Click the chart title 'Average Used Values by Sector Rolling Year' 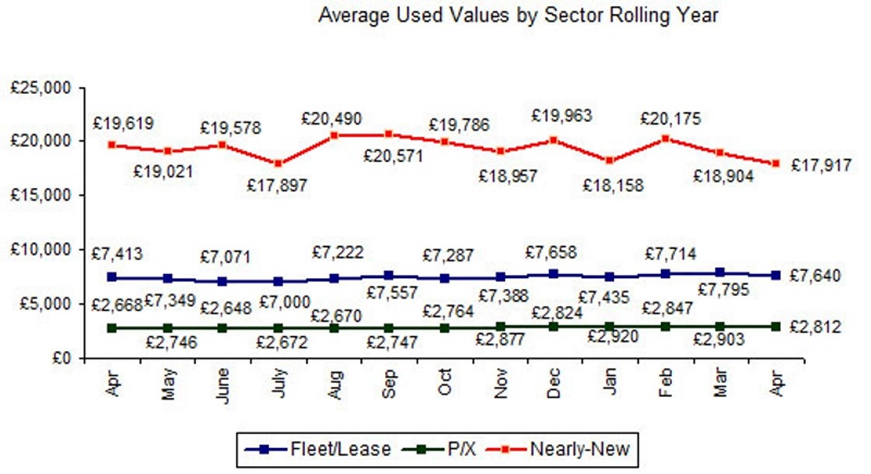[518, 15]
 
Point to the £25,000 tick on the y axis [41, 87]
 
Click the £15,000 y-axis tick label [41, 195]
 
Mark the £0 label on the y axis [62, 358]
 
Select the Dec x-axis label [554, 383]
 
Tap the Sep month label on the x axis [389, 384]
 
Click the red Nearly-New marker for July [279, 164]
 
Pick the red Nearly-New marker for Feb [665, 139]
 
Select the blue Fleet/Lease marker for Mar [720, 272]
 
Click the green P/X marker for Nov [500, 327]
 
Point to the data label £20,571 [393, 156]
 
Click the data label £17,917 [821, 165]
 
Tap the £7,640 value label [815, 276]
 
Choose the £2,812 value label [815, 327]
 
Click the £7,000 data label [284, 302]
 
